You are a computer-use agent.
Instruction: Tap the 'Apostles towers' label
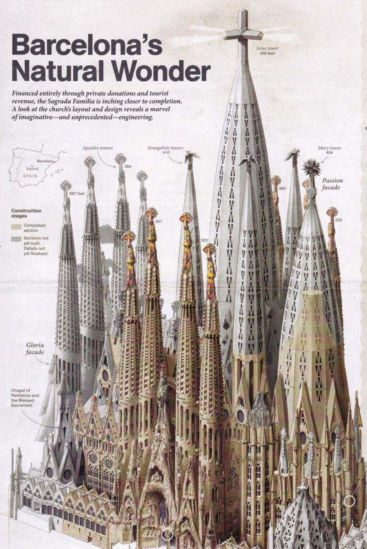coord(97,148)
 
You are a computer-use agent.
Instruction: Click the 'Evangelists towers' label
coord(165,148)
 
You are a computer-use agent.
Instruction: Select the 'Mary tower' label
coord(329,148)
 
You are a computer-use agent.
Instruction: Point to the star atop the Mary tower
coord(311,167)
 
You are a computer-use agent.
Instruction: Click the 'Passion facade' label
coord(332,184)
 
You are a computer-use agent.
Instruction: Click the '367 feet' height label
coord(76,194)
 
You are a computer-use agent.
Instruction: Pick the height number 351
coord(158,221)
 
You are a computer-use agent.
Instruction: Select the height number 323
coord(204,240)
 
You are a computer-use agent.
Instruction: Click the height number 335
coord(338,220)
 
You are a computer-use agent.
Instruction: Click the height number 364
coord(282,188)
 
